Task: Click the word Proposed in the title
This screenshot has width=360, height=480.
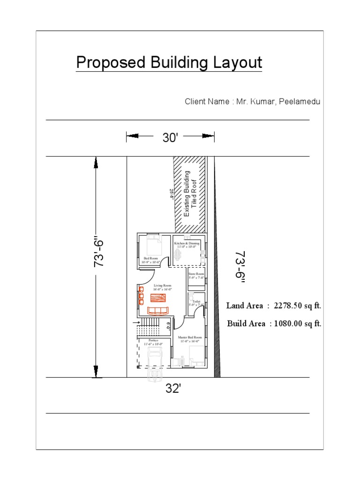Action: coord(108,63)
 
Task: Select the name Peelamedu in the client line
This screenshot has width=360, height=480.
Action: coord(300,101)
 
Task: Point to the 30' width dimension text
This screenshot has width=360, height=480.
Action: coord(170,137)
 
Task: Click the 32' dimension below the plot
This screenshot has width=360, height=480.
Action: coord(173,389)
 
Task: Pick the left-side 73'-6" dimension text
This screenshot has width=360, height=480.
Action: coord(99,253)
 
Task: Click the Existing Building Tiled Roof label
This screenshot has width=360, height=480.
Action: coord(190,193)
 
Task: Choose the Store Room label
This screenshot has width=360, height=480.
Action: coord(196,275)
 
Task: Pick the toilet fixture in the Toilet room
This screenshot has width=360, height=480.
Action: coord(192,298)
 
